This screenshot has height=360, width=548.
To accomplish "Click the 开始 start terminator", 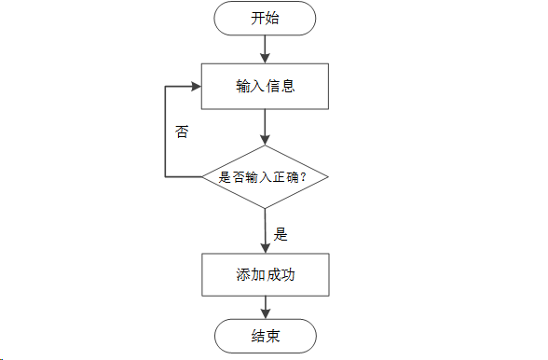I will [266, 20].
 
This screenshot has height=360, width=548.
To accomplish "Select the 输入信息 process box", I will [266, 86].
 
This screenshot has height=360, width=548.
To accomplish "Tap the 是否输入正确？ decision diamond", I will [266, 176].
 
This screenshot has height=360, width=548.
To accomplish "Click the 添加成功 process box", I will [266, 276].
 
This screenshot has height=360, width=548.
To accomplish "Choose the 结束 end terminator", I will [266, 336].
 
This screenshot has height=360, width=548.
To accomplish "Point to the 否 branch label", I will [182, 132].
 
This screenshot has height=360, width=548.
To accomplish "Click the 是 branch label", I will [281, 234].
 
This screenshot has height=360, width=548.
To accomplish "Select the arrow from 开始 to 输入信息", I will [266, 48].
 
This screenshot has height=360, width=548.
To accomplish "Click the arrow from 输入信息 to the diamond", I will [266, 126].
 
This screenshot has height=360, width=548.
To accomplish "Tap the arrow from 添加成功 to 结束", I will [266, 307].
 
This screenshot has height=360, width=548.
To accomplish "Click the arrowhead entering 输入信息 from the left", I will [197, 86].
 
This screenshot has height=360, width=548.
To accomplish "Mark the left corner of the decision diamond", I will [204, 176].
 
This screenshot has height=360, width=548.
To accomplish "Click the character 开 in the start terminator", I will [258, 20].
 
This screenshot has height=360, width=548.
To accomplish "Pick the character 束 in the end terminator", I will [274, 336].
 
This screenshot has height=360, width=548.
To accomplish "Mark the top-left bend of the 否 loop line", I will [166, 86].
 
